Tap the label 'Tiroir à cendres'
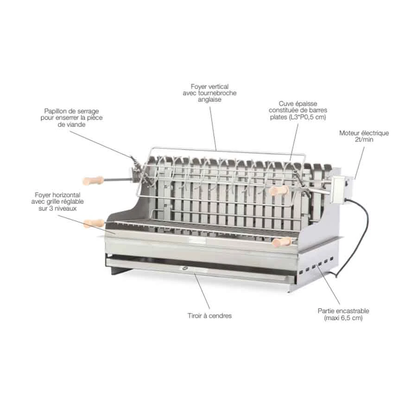pos(209,316)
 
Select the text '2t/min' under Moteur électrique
pos(364,139)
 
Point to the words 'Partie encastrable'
pos(343,311)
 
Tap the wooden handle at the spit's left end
pos(94,180)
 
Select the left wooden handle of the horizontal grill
pos(94,223)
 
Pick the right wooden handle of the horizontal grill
pos(282,241)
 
